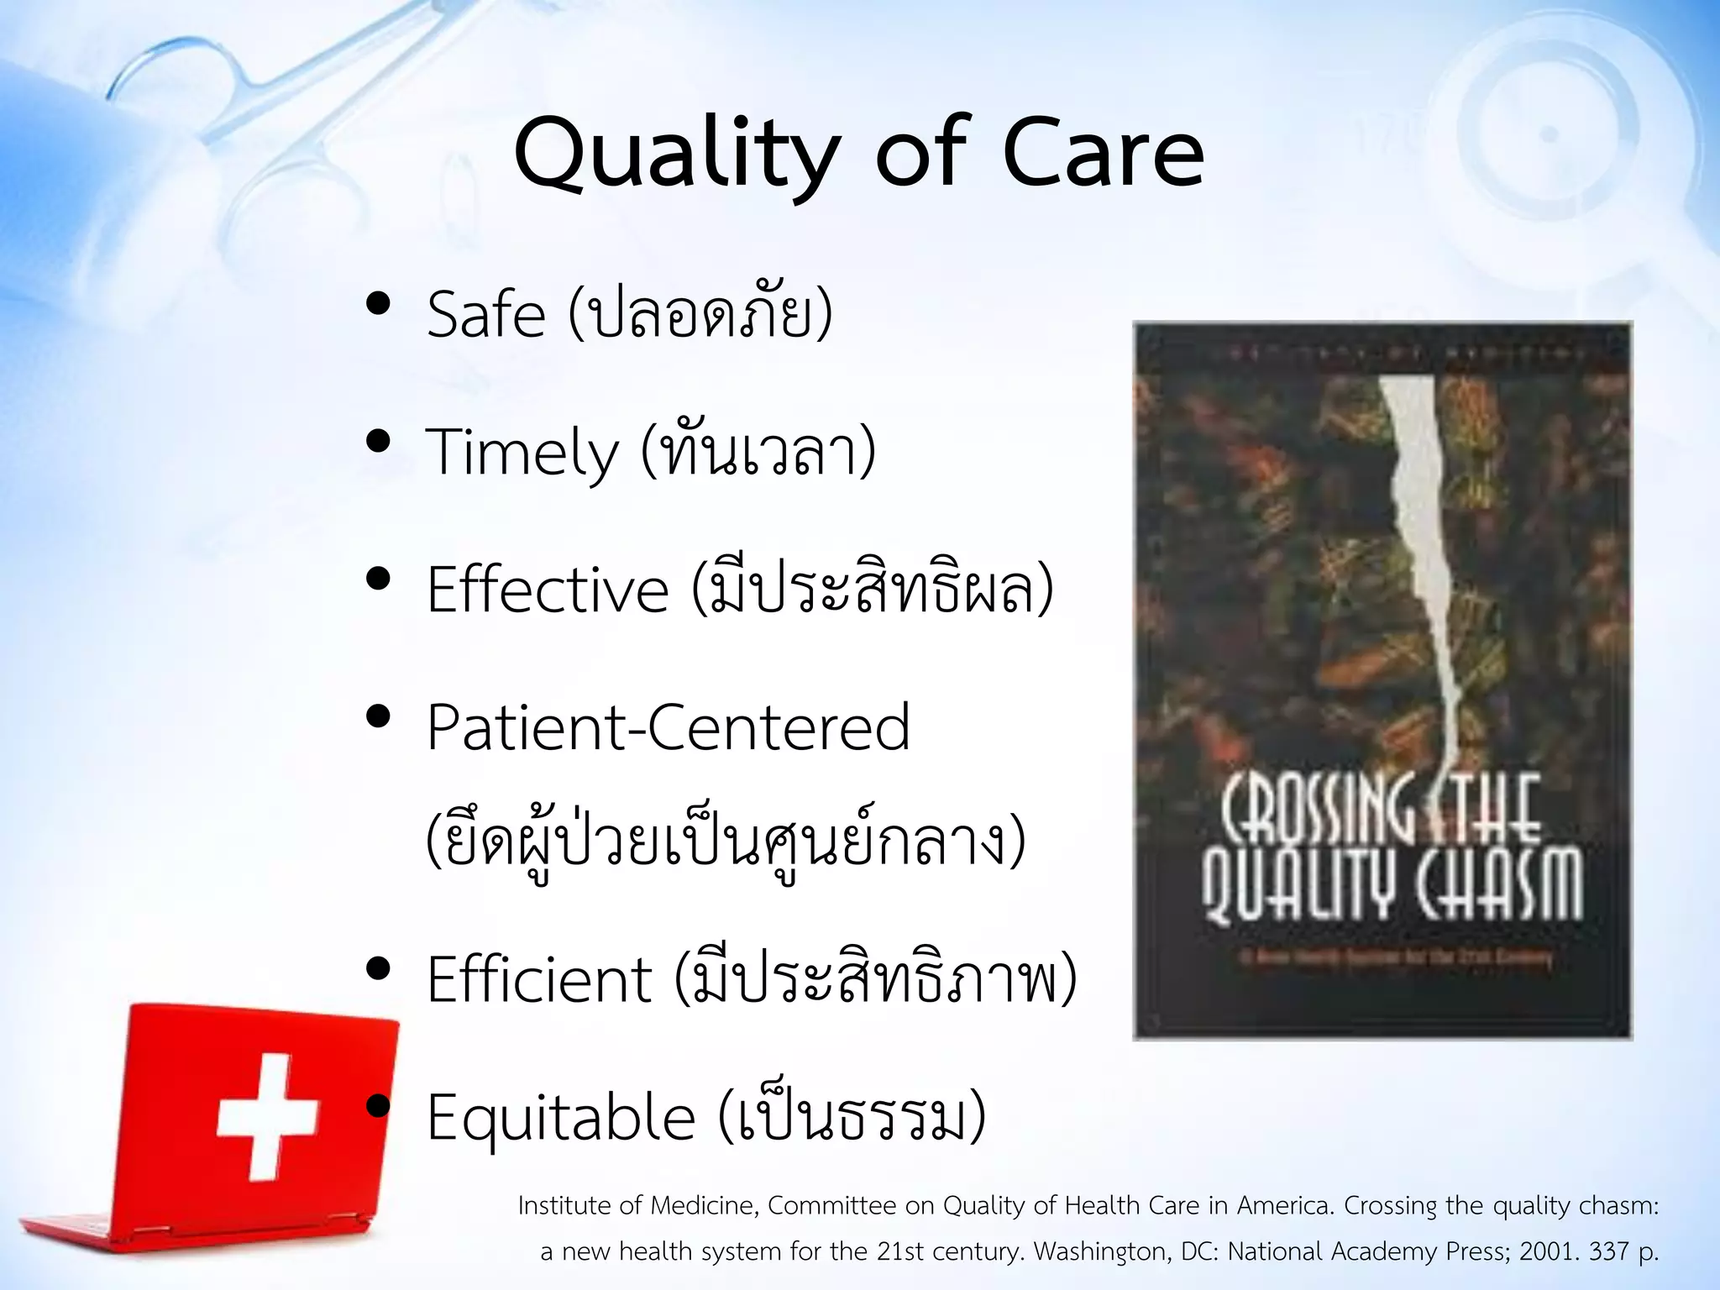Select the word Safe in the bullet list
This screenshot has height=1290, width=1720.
click(x=486, y=315)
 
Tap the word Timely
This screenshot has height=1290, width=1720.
click(x=522, y=454)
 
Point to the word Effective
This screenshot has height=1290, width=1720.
click(x=548, y=590)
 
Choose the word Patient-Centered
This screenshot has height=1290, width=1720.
click(x=668, y=727)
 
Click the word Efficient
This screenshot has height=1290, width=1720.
click(x=539, y=979)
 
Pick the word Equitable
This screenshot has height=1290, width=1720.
click(x=561, y=1117)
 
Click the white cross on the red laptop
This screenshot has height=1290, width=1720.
click(x=267, y=1115)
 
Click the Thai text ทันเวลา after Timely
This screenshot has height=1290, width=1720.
click(x=758, y=454)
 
